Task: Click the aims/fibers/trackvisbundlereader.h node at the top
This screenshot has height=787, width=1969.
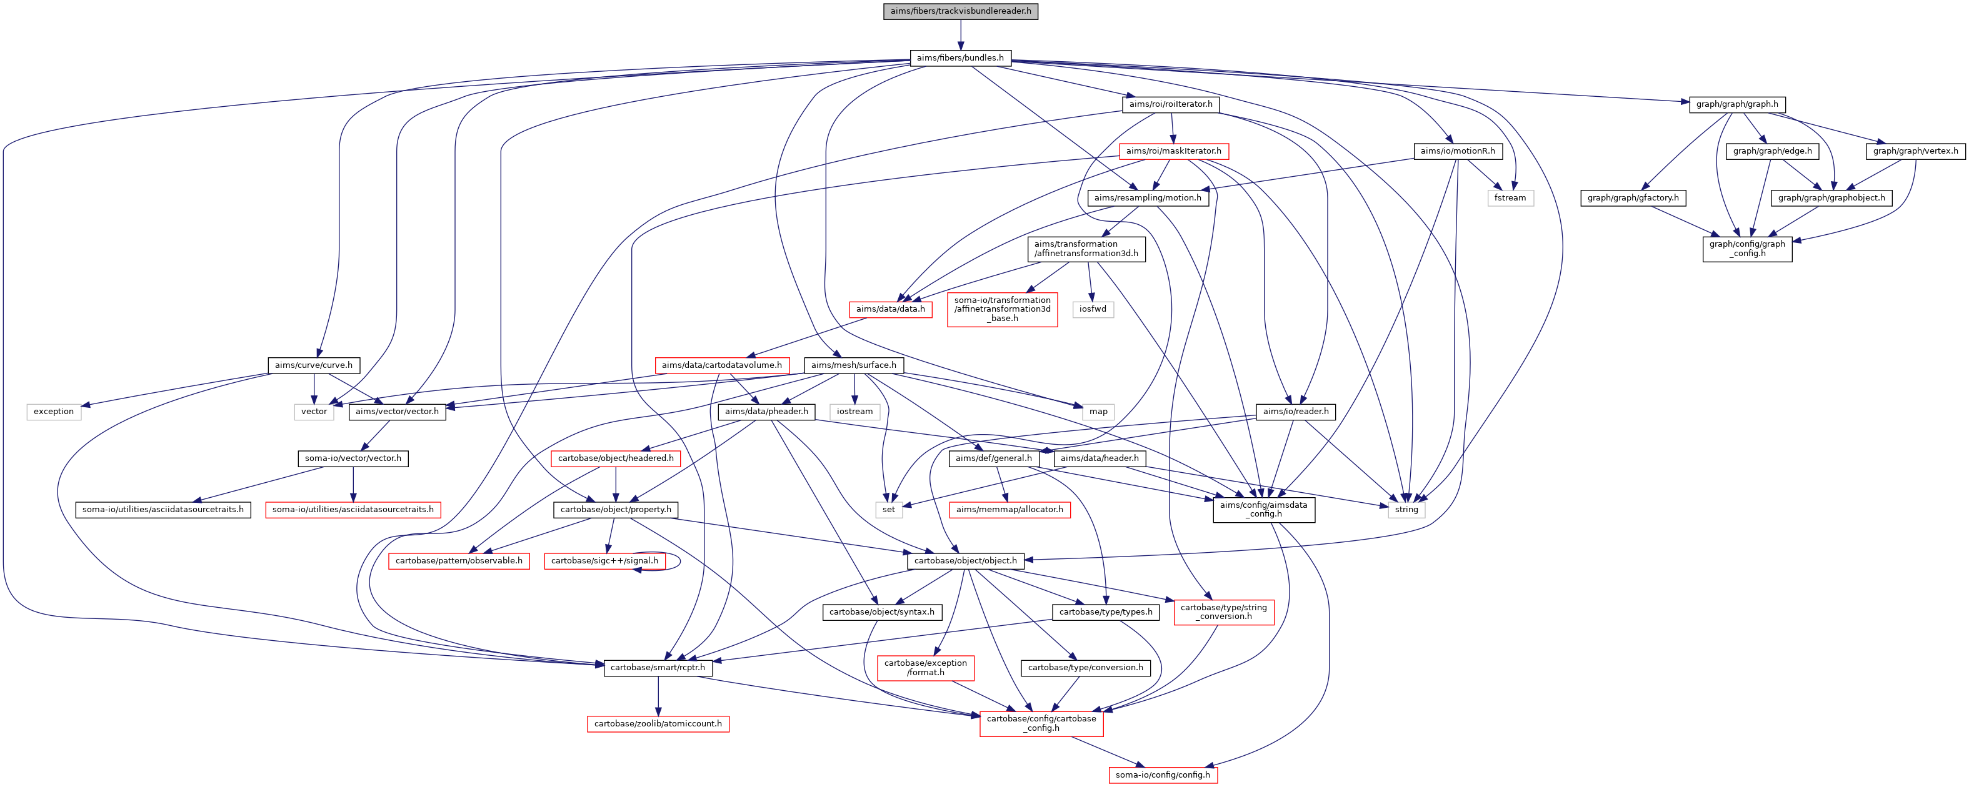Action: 960,11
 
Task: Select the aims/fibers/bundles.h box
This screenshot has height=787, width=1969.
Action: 960,58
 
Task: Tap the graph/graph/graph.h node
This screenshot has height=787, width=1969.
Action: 1736,105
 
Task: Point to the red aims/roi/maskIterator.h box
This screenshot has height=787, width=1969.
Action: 1173,151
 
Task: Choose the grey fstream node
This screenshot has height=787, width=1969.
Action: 1510,198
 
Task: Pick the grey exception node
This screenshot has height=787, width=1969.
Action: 54,412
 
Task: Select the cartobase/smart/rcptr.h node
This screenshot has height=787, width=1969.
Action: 658,668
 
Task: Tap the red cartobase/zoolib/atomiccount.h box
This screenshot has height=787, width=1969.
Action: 658,723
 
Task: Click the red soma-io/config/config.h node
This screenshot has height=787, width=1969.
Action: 1163,775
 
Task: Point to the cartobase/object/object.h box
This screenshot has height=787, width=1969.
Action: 965,561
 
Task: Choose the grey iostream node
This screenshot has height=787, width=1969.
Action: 854,412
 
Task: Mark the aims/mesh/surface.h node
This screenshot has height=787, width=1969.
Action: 853,365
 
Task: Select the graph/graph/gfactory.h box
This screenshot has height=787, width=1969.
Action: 1633,198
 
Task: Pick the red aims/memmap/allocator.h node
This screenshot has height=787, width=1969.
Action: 1009,510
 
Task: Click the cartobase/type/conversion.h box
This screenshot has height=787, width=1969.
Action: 1085,668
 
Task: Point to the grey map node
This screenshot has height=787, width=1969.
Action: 1098,412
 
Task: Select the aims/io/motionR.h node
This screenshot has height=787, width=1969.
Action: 1457,151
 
